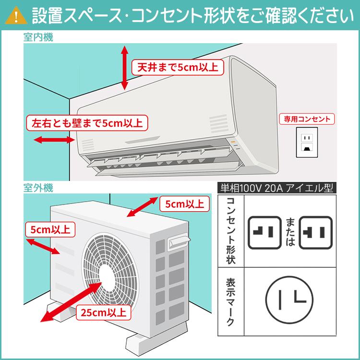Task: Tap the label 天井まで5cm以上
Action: [177, 67]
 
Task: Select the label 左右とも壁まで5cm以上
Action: [87, 123]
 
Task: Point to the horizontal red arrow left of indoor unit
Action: [54, 140]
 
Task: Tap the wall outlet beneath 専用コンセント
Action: [306, 142]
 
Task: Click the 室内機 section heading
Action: [37, 37]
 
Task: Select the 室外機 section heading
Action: [37, 187]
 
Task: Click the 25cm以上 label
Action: [103, 312]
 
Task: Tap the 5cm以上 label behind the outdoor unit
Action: [184, 204]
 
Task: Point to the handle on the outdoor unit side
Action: [179, 241]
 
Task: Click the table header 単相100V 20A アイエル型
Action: [276, 188]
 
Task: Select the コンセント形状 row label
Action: [231, 231]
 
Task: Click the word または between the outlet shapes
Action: [290, 232]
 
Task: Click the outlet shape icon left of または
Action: [264, 232]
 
